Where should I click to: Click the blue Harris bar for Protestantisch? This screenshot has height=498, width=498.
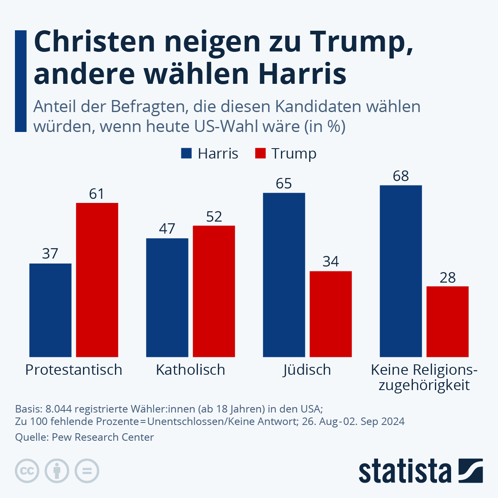click(x=50, y=310)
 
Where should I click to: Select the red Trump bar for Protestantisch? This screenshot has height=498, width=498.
click(x=97, y=280)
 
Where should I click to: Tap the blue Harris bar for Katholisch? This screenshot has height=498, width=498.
click(x=167, y=298)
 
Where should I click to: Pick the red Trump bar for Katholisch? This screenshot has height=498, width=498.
click(x=214, y=291)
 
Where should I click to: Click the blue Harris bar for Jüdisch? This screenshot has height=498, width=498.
click(x=284, y=275)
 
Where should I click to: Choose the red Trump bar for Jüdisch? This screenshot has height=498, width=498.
click(x=331, y=314)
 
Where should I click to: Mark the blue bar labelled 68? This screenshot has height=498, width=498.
click(x=401, y=271)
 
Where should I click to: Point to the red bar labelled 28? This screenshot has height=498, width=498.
click(x=447, y=321)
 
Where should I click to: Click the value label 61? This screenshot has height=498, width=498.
click(x=97, y=194)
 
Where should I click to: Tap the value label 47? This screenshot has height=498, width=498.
click(x=167, y=229)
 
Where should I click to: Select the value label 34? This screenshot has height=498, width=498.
click(x=331, y=261)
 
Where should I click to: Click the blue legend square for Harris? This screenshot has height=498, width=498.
click(x=186, y=153)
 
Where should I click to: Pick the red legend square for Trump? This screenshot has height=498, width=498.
click(x=260, y=153)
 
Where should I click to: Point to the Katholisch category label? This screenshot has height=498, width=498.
click(x=190, y=370)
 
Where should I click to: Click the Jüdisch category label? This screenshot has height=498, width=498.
click(x=307, y=370)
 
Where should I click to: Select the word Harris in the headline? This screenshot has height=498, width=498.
click(x=302, y=74)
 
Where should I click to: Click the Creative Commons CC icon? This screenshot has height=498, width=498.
click(x=27, y=471)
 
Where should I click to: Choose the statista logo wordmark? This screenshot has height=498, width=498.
click(x=405, y=471)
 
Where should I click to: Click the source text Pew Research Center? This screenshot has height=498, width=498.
click(x=103, y=437)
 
